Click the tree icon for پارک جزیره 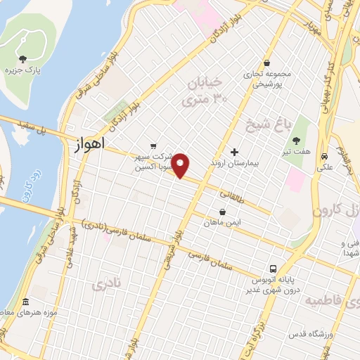click(x=22, y=59)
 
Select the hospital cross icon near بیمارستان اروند click(x=235, y=152)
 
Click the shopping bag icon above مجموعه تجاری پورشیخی click(x=266, y=63)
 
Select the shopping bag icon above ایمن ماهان click(x=223, y=212)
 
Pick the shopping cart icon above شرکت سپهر click(x=153, y=145)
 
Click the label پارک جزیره click(x=22, y=71)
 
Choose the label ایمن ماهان click(x=223, y=222)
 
